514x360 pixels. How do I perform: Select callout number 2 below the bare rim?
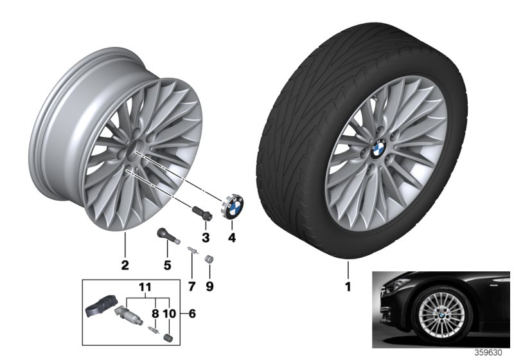tap(125, 264)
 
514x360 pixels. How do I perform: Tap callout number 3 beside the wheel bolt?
tap(206, 238)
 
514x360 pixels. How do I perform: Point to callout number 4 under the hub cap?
tap(232, 238)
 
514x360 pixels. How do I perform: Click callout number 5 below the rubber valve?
tap(166, 264)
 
